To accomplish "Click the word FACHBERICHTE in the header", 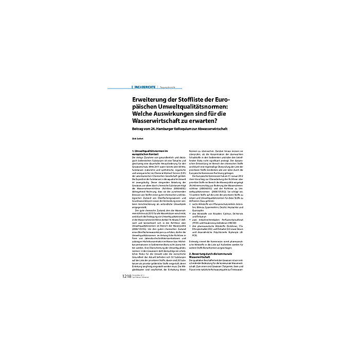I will (x=146, y=88).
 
